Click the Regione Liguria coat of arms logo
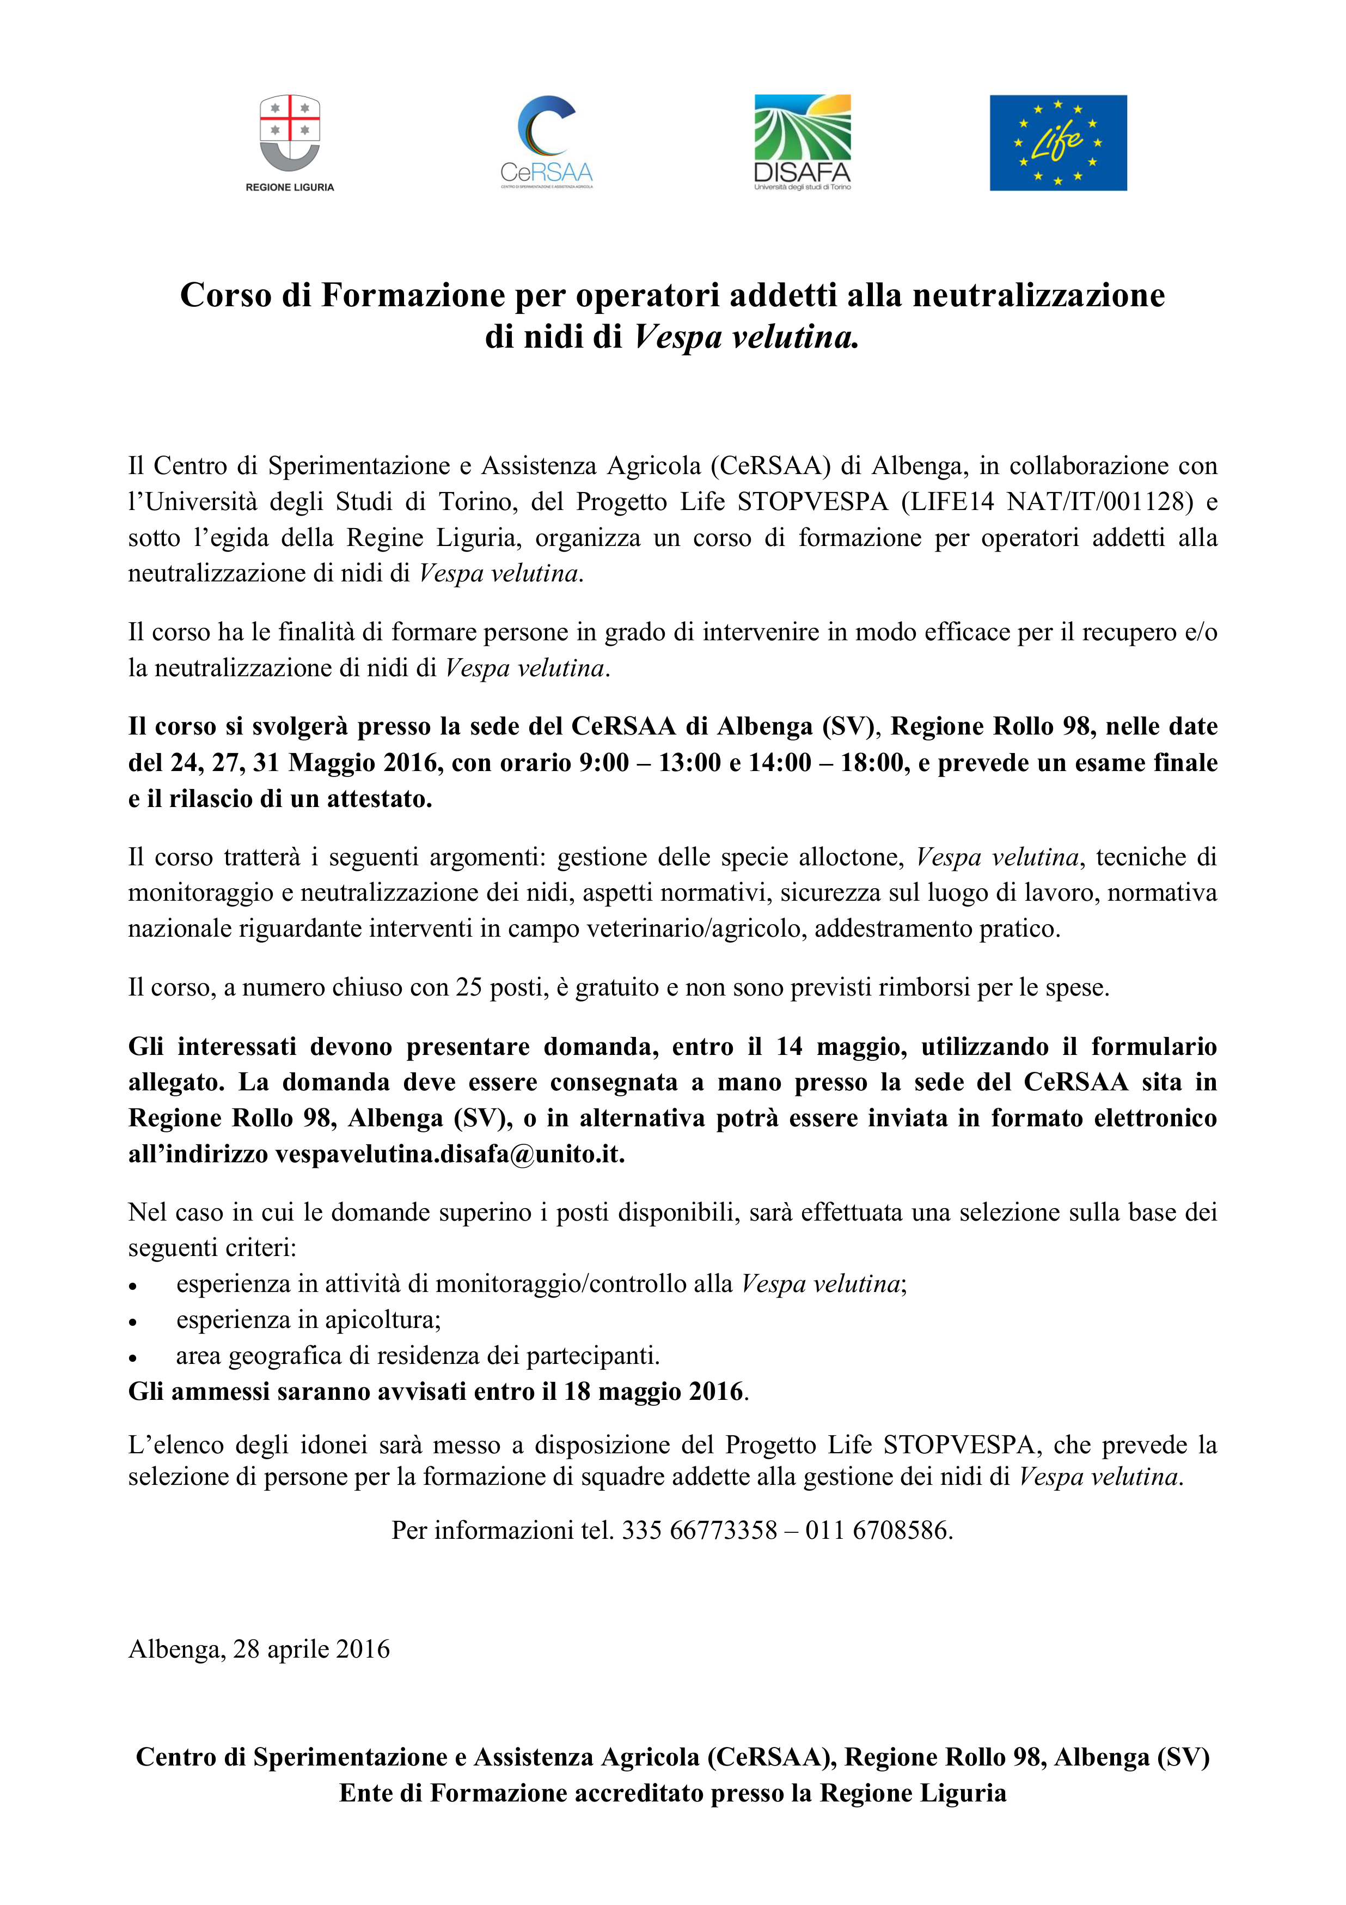click(x=290, y=133)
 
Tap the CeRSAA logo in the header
click(x=547, y=141)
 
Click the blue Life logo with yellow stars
click(x=1057, y=143)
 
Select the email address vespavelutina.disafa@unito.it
click(x=449, y=1154)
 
